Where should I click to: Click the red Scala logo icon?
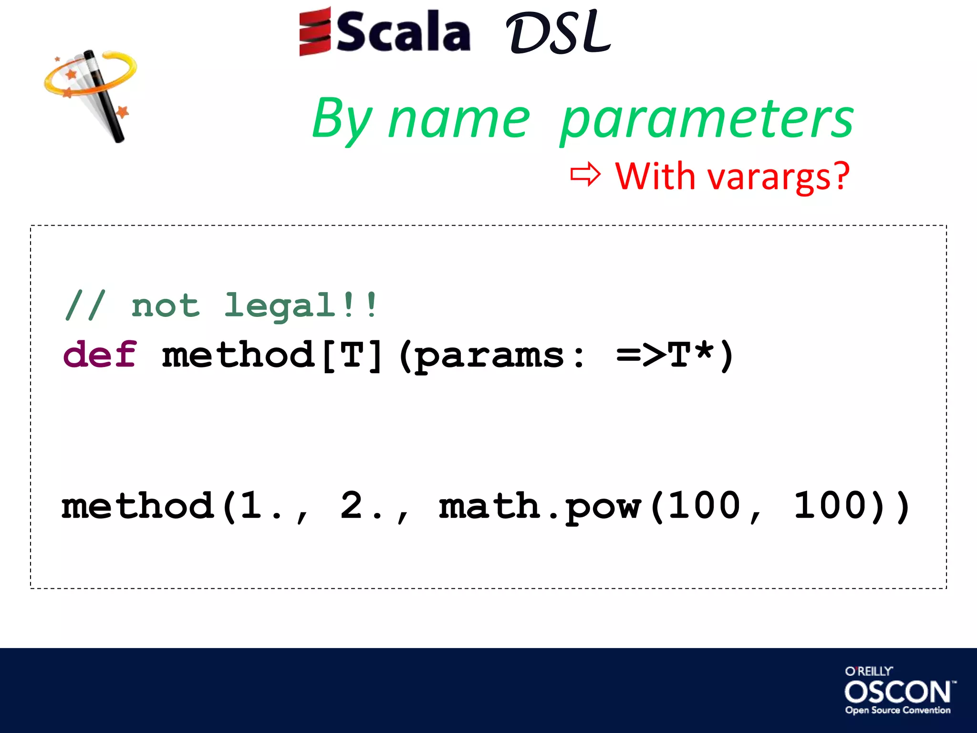[314, 31]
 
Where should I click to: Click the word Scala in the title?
[404, 32]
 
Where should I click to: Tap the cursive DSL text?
[558, 32]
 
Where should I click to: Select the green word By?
[342, 119]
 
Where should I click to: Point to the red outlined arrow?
[585, 175]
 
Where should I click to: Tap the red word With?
[655, 176]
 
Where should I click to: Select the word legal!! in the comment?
[301, 305]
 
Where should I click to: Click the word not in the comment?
[165, 305]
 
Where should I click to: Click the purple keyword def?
[100, 355]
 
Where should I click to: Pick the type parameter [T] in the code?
[352, 356]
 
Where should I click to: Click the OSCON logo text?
[898, 692]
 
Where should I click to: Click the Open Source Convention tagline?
[898, 710]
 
